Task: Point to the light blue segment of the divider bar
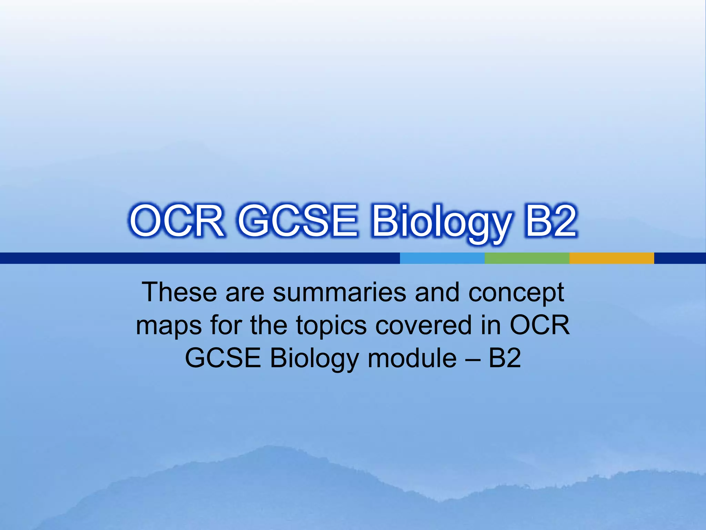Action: point(442,258)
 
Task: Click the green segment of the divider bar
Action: point(527,258)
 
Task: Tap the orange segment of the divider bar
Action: point(612,258)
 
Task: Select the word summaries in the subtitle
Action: point(340,292)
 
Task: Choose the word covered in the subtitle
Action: point(423,325)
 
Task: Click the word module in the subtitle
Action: point(412,358)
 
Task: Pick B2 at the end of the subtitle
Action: point(504,358)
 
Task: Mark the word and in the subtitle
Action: point(437,292)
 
